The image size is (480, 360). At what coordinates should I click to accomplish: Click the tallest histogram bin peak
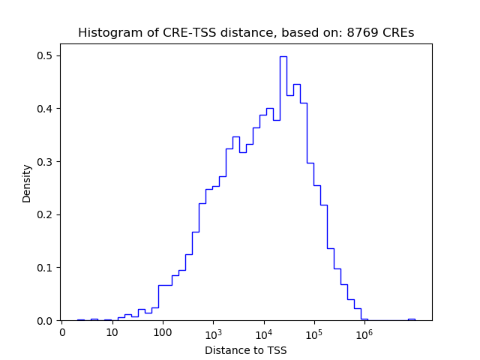coord(283,57)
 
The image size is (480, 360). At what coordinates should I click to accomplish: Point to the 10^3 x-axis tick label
coord(213,332)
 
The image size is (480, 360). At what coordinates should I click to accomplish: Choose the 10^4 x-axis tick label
coord(263,332)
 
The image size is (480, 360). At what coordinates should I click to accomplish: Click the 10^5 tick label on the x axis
coord(313,332)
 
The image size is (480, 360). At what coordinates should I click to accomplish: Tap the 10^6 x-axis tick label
coord(364,332)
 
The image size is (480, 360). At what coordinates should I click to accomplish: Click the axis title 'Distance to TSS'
coord(245,350)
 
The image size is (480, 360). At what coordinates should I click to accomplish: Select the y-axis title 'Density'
coord(27,182)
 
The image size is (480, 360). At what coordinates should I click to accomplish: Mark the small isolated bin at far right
coord(411,319)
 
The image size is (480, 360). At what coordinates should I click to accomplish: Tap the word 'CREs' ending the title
coord(398,33)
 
